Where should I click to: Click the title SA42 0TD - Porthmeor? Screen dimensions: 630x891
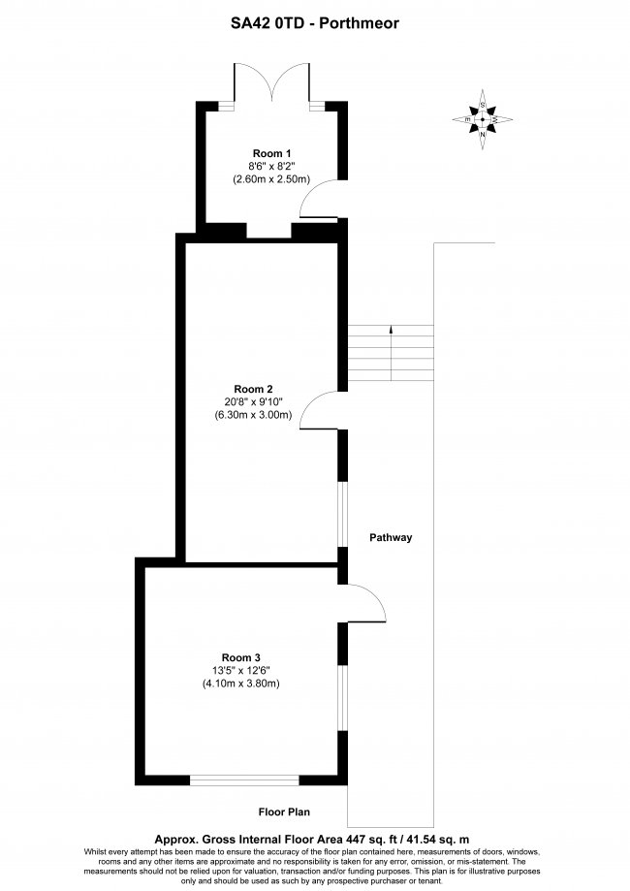tap(315, 23)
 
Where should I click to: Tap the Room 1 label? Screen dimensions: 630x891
tap(271, 153)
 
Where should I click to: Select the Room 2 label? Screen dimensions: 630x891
tap(253, 389)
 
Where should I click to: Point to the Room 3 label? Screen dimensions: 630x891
tap(241, 658)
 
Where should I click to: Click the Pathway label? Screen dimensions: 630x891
tap(391, 537)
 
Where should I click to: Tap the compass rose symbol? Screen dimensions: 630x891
tap(483, 119)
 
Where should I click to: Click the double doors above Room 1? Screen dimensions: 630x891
tap(272, 82)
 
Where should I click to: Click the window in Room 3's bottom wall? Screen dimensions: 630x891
tap(244, 780)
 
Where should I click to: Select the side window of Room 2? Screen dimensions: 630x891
tap(342, 515)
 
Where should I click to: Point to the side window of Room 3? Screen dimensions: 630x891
tap(342, 697)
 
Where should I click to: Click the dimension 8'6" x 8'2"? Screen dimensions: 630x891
tap(271, 167)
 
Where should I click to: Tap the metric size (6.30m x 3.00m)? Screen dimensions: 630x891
tap(253, 415)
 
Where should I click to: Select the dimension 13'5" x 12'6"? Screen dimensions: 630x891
tap(241, 671)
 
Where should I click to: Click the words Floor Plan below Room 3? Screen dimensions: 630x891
tap(284, 812)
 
